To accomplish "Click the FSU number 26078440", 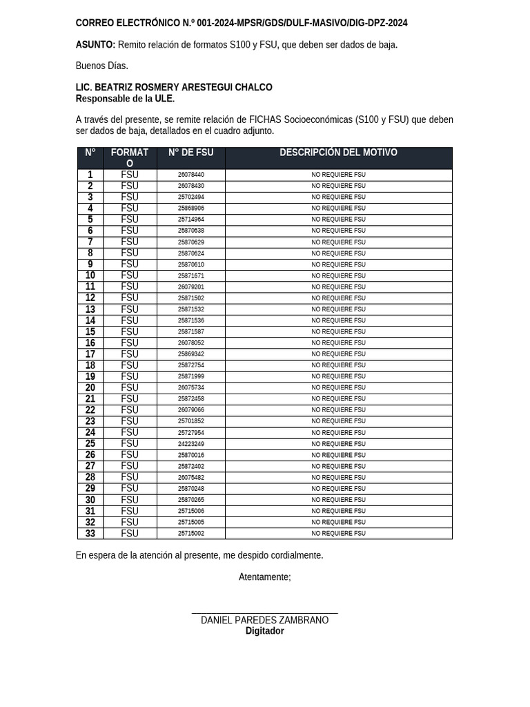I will pyautogui.click(x=191, y=175).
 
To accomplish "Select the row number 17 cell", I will pyautogui.click(x=90, y=354).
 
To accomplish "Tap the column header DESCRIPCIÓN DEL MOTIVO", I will pyautogui.click(x=338, y=153).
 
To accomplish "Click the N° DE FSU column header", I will pyautogui.click(x=191, y=153).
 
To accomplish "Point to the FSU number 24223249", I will pyautogui.click(x=191, y=444).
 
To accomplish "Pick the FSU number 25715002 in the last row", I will pyautogui.click(x=191, y=534).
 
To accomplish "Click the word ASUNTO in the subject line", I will pyautogui.click(x=95, y=45).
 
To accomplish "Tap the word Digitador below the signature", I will pyautogui.click(x=264, y=631).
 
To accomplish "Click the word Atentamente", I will pyautogui.click(x=264, y=577).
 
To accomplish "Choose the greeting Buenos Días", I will pyautogui.click(x=101, y=66).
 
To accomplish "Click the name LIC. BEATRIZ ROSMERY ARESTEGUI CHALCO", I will pyautogui.click(x=174, y=88).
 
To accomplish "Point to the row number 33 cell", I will pyautogui.click(x=90, y=534).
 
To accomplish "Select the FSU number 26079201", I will pyautogui.click(x=191, y=287).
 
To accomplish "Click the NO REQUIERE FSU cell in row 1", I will pyautogui.click(x=338, y=175).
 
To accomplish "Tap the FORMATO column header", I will pyautogui.click(x=130, y=157).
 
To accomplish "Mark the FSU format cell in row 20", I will pyautogui.click(x=130, y=388).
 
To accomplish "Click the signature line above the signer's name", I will pyautogui.click(x=264, y=613).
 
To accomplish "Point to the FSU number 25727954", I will pyautogui.click(x=191, y=433).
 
